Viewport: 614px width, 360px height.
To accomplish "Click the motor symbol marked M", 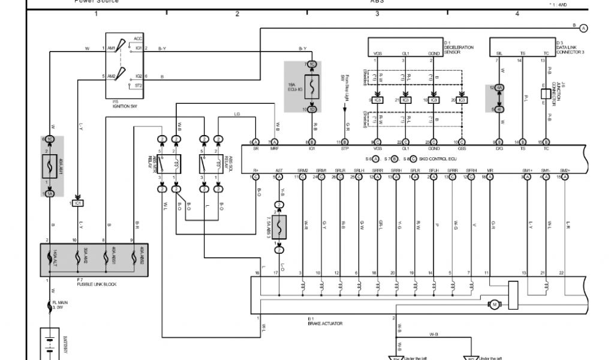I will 494,305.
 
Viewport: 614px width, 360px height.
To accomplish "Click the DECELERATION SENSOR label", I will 459,48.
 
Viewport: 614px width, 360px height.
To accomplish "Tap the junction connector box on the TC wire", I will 544,95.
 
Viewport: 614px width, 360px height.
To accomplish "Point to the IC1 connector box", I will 77,203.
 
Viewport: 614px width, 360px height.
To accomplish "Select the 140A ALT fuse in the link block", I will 50,259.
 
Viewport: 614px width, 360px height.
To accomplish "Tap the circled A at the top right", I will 583,28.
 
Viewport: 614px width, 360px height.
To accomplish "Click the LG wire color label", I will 237,113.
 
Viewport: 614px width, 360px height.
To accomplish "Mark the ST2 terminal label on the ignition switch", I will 139,86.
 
